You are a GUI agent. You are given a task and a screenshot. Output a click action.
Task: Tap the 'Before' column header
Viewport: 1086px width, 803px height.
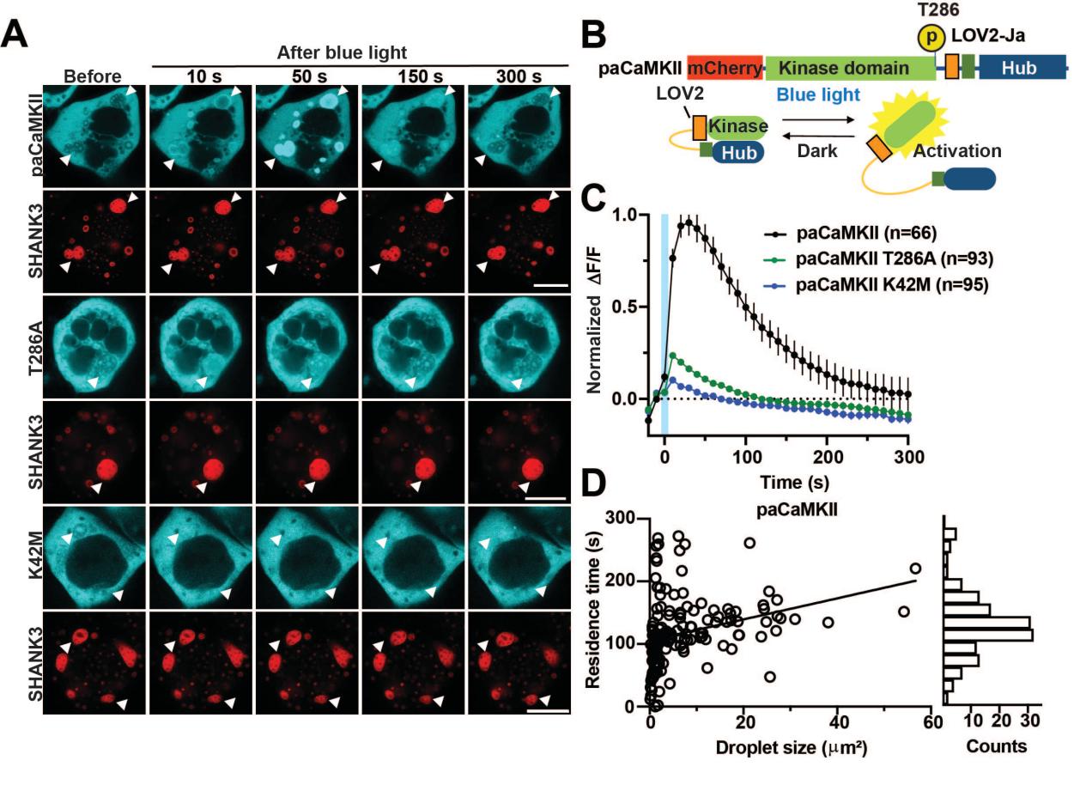[x=93, y=76]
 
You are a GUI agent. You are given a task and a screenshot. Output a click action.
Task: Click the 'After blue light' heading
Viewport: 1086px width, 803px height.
[x=342, y=52]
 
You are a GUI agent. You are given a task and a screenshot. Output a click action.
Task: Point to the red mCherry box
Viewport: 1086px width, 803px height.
[x=725, y=68]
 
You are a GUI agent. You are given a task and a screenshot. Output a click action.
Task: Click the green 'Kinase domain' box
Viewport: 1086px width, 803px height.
[x=849, y=68]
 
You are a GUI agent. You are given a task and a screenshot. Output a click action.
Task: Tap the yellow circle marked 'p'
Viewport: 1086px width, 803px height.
[x=931, y=38]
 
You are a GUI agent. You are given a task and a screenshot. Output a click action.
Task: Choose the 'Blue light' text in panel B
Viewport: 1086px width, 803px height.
[x=818, y=95]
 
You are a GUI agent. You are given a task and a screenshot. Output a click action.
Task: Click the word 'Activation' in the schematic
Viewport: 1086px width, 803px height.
[x=957, y=151]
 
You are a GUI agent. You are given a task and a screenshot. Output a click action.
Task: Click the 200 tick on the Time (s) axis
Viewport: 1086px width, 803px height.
[x=828, y=457]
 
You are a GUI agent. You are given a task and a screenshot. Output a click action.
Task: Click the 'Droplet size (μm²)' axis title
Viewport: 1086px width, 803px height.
[x=791, y=747]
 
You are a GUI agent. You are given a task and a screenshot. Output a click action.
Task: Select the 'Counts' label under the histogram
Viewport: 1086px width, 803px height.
[x=996, y=745]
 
